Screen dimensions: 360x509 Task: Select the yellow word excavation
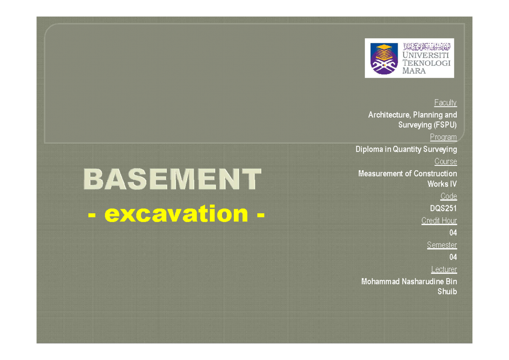pos(176,214)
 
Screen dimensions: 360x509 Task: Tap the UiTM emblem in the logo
pos(384,59)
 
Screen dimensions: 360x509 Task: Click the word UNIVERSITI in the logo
pos(426,55)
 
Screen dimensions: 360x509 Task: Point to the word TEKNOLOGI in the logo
pos(427,63)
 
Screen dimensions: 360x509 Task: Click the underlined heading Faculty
pos(445,103)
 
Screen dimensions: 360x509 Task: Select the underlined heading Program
pos(443,137)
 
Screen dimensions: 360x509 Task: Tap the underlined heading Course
pos(445,162)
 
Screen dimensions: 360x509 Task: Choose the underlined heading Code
pos(449,196)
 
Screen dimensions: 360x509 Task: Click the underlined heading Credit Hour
pos(439,220)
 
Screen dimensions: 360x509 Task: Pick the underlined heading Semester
pos(442,245)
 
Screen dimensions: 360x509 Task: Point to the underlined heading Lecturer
pos(444,269)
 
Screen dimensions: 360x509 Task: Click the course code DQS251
pos(443,208)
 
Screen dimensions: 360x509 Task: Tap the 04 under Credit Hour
pos(453,233)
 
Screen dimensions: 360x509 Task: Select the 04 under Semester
pos(453,257)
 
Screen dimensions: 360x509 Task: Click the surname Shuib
pos(447,292)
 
